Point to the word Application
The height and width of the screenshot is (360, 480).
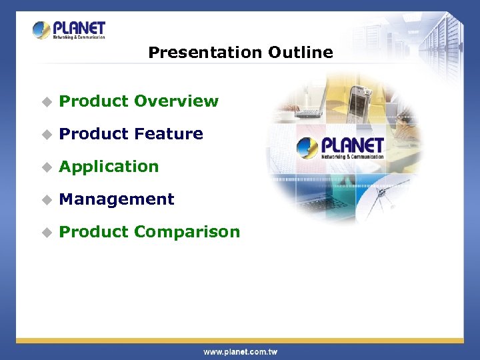(x=109, y=167)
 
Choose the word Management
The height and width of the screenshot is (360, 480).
(x=117, y=199)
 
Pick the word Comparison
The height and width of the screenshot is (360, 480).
(x=187, y=232)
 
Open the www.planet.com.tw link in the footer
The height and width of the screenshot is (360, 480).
(x=240, y=351)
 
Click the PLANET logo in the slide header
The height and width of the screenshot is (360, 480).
(x=69, y=30)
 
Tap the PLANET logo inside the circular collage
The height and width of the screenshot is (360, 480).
(x=341, y=148)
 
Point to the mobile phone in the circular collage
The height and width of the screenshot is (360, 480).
(x=361, y=101)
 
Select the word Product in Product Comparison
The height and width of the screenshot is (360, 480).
(x=93, y=232)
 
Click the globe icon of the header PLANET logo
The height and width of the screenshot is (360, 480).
(x=41, y=30)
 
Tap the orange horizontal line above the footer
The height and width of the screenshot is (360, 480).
(x=240, y=341)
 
